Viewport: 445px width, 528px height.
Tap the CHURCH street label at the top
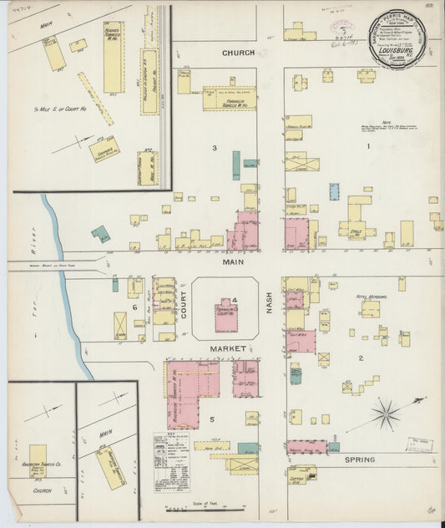click(238, 53)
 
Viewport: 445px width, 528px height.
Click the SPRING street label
click(366, 459)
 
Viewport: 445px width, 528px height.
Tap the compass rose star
click(385, 412)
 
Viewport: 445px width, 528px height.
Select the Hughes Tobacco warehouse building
click(113, 57)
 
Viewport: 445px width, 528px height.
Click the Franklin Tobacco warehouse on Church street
click(228, 98)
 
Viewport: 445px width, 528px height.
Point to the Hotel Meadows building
click(370, 308)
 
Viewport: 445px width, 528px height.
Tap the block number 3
click(215, 148)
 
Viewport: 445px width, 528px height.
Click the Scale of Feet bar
click(205, 507)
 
